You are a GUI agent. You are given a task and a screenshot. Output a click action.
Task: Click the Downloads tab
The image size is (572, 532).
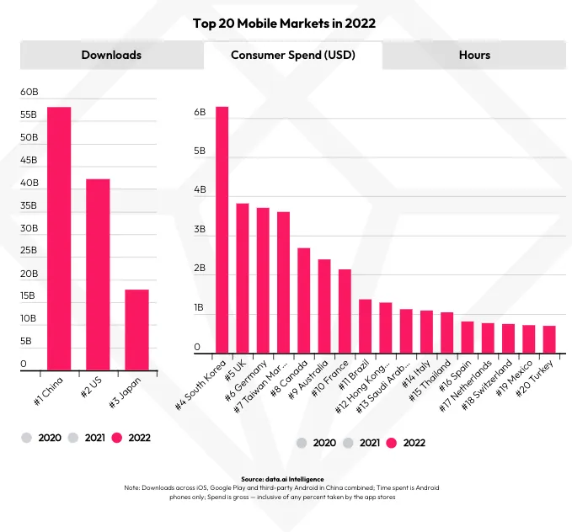pyautogui.click(x=111, y=55)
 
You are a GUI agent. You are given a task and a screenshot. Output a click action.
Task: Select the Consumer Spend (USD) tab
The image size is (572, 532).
pyautogui.click(x=292, y=55)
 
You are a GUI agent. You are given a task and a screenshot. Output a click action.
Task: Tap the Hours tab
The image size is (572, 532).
pyautogui.click(x=474, y=55)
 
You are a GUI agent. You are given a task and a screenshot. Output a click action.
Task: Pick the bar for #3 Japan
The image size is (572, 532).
pyautogui.click(x=136, y=329)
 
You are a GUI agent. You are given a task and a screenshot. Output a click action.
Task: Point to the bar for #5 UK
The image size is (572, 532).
pyautogui.click(x=243, y=278)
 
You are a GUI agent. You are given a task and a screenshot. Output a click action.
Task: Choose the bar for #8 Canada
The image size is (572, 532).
pyautogui.click(x=304, y=301)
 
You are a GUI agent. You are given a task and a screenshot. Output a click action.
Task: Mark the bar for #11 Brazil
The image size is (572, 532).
pyautogui.click(x=366, y=326)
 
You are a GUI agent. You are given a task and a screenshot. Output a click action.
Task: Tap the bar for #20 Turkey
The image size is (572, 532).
pyautogui.click(x=549, y=339)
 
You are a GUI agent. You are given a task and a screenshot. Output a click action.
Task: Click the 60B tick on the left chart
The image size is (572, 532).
pyautogui.click(x=29, y=92)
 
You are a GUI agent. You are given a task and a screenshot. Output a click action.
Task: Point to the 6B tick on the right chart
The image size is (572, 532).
pyautogui.click(x=200, y=112)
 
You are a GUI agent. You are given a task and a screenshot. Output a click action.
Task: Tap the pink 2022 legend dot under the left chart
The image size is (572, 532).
pyautogui.click(x=117, y=437)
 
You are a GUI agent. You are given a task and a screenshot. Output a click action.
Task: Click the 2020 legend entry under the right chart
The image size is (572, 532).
pyautogui.click(x=317, y=443)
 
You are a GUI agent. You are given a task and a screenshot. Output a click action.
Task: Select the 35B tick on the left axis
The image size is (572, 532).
pyautogui.click(x=29, y=205)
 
